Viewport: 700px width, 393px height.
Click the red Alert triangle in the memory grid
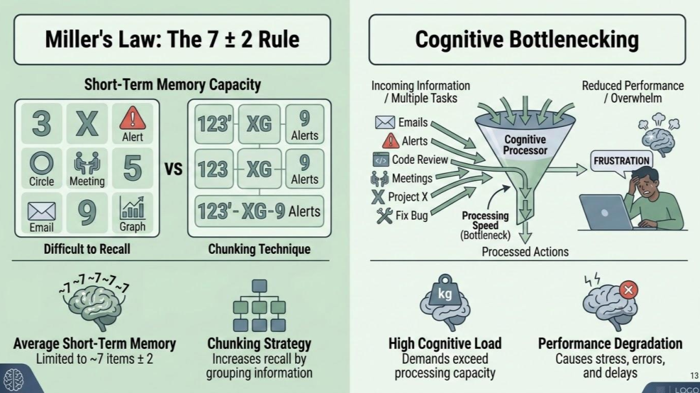[x=132, y=117]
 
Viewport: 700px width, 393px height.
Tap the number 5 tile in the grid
[x=132, y=168]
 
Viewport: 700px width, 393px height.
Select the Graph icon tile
[x=132, y=213]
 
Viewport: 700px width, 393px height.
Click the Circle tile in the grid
[x=41, y=168]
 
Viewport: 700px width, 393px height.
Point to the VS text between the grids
[x=173, y=169]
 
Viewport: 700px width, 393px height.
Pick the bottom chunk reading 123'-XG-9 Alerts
[x=259, y=211]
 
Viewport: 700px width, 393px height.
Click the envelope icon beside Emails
[x=385, y=122]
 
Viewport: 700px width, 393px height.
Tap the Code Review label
[x=419, y=160]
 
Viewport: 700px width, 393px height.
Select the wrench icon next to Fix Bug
[x=384, y=216]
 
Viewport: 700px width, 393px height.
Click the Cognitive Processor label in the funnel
[x=525, y=145]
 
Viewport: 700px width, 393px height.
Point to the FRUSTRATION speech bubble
[x=622, y=161]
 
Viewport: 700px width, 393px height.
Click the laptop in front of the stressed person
[x=606, y=212]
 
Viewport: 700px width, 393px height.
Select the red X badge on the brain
[x=629, y=290]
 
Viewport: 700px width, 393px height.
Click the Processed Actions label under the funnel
[x=525, y=252]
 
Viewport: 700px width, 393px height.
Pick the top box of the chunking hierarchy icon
[x=259, y=286]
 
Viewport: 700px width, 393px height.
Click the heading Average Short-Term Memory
[x=95, y=344]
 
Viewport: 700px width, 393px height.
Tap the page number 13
[x=694, y=376]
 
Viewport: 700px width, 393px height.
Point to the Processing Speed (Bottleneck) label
[x=485, y=225]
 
